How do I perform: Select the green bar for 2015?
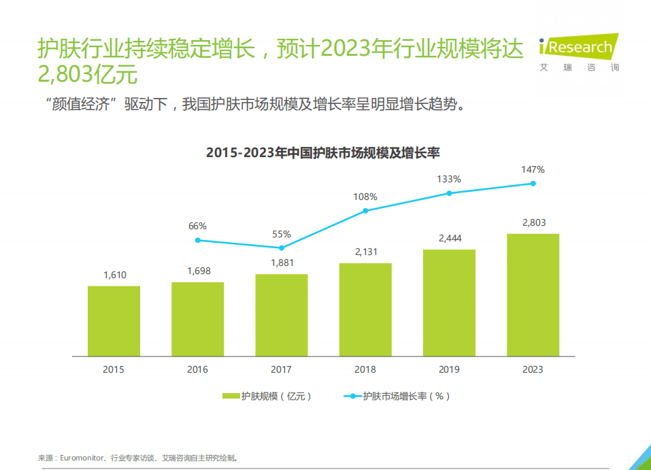[x=114, y=320]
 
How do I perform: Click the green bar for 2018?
[x=365, y=309]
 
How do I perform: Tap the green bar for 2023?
[x=533, y=295]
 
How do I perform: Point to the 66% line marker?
[x=198, y=240]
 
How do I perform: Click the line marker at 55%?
[x=282, y=248]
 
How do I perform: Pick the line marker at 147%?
[x=533, y=184]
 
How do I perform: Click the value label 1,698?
[x=198, y=271]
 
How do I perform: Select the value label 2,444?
[x=449, y=238]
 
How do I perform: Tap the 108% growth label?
[x=365, y=197]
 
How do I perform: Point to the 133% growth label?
[x=449, y=179]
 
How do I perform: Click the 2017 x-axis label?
[x=282, y=369]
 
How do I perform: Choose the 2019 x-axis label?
[x=449, y=369]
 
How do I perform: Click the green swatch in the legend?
[x=231, y=396]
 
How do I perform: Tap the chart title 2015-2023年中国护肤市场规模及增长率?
[x=322, y=152]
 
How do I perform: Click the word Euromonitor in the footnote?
[x=82, y=458]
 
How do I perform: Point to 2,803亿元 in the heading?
[x=88, y=73]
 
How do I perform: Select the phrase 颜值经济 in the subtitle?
[x=82, y=105]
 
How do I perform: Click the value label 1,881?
[x=282, y=263]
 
